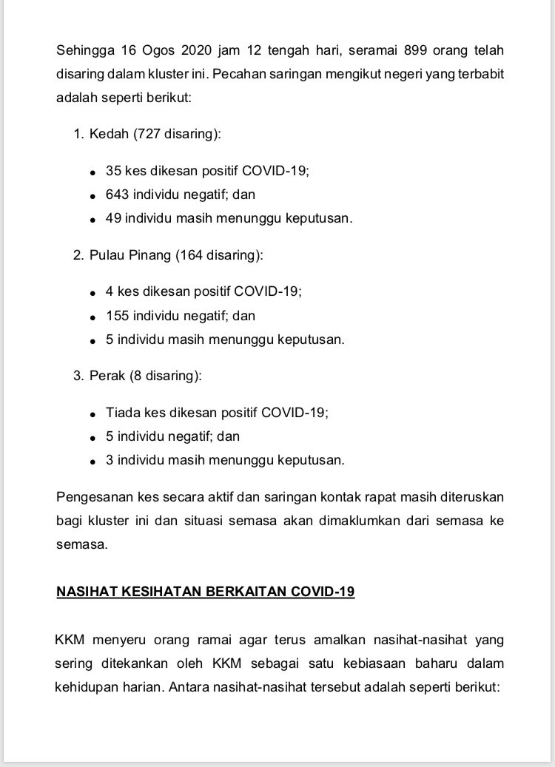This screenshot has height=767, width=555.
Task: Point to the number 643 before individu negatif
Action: [118, 195]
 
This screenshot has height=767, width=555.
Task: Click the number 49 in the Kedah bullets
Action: [114, 219]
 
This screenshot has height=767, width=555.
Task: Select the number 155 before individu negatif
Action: [118, 316]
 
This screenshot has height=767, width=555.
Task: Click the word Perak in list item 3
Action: [107, 376]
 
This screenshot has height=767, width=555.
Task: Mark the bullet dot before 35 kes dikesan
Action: [92, 172]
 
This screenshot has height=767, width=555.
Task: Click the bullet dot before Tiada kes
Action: [92, 414]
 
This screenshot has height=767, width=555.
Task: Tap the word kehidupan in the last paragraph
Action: [87, 686]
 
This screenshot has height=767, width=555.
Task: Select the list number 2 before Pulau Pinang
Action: [77, 255]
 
